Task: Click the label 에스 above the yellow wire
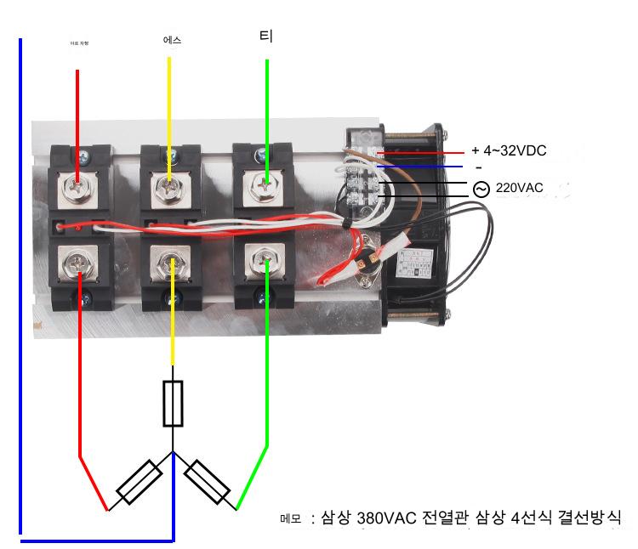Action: pyautogui.click(x=172, y=41)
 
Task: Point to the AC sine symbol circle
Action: pyautogui.click(x=481, y=189)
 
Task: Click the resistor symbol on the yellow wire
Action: pyautogui.click(x=174, y=404)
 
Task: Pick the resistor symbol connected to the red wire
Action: pyautogui.click(x=140, y=483)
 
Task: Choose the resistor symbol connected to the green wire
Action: pyautogui.click(x=207, y=482)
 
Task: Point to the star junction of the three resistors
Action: pyautogui.click(x=174, y=453)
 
